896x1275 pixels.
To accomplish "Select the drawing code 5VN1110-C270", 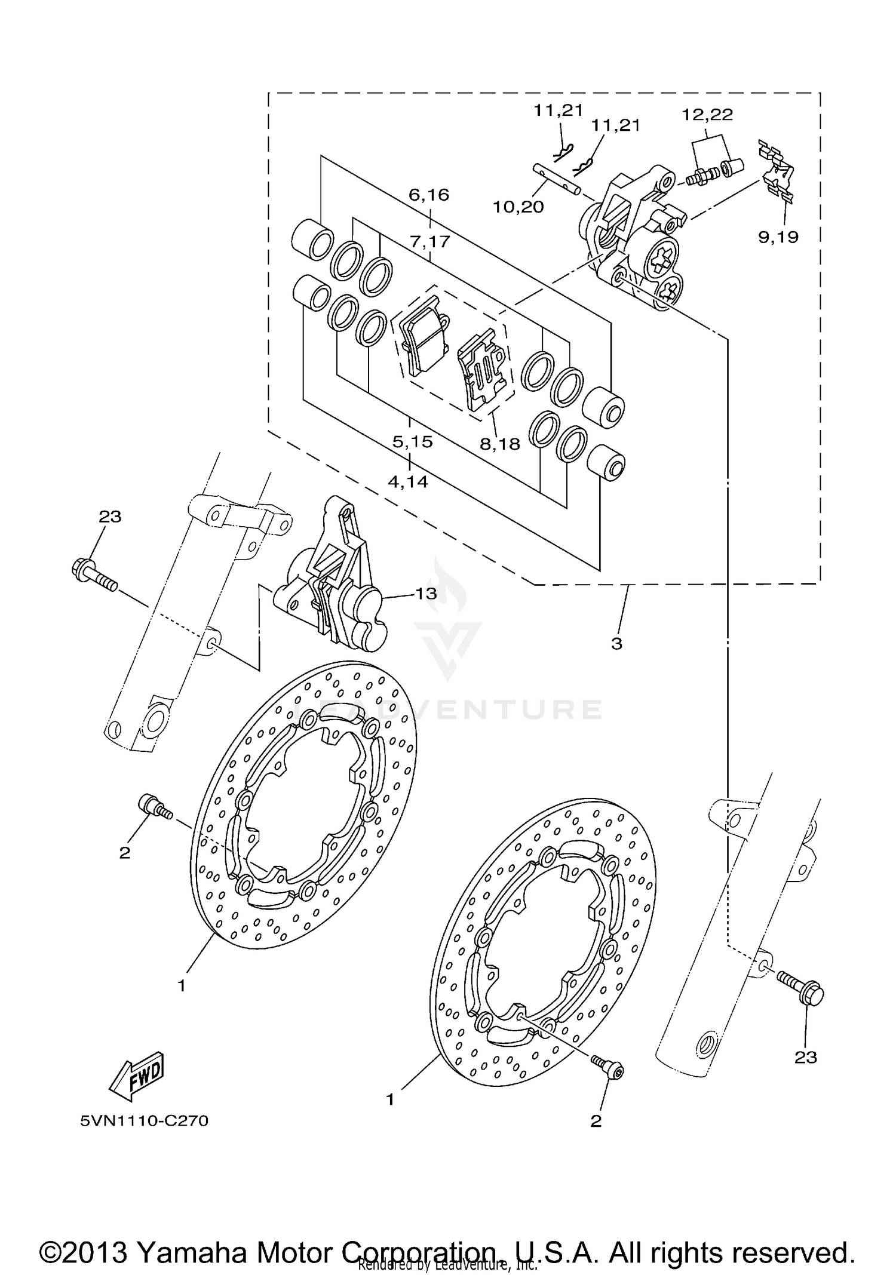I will point(145,1121).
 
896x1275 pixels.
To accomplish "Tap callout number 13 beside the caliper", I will point(426,594).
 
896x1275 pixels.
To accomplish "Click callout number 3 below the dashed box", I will point(616,644).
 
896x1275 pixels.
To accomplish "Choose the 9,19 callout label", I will point(778,237).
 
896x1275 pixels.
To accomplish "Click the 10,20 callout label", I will point(518,207).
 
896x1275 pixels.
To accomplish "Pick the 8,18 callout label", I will point(499,444).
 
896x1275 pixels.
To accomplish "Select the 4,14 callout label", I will point(408,481).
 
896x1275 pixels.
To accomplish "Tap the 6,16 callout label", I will point(429,195).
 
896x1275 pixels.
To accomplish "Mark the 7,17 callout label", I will point(430,242).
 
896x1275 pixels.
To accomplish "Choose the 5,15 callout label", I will point(412,442).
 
